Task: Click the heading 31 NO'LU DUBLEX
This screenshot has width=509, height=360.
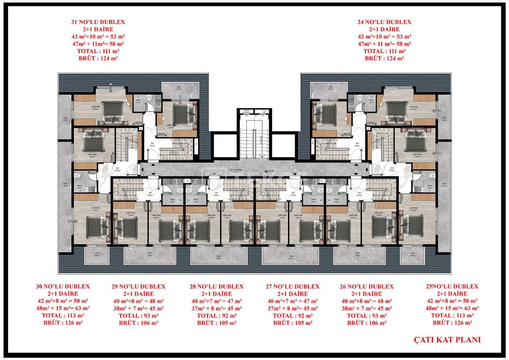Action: point(97,22)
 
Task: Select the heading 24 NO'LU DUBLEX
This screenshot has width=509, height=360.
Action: point(384,22)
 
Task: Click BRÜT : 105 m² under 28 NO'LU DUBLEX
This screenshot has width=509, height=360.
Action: point(217,323)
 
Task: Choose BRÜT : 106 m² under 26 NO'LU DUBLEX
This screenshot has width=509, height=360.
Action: point(367,323)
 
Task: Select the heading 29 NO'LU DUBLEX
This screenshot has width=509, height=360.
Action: point(138,286)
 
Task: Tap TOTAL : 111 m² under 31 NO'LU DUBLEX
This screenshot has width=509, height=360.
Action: point(97,51)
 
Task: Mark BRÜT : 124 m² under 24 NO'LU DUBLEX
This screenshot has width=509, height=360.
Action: point(384,58)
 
